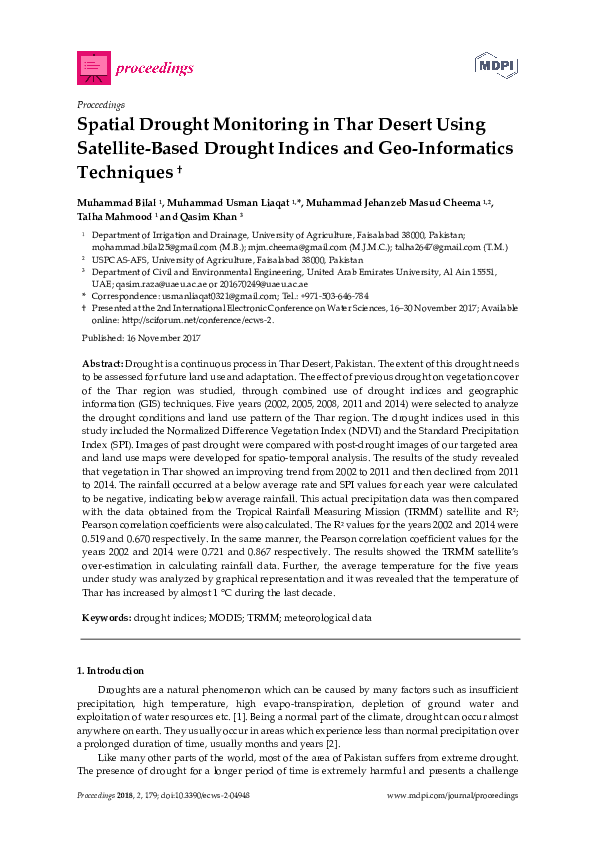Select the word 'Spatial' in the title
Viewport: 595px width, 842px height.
111,125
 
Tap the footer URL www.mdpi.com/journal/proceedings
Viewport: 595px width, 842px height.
452,796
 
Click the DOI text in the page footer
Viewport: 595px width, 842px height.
201,796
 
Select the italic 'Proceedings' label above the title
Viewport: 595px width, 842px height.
100,104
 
